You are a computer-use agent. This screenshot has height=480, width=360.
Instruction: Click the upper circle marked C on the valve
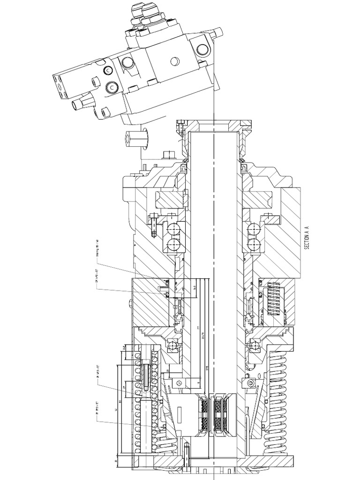click(108, 70)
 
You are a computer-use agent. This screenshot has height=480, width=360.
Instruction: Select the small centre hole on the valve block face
click(174, 61)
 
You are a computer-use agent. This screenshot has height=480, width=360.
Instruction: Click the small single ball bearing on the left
click(173, 345)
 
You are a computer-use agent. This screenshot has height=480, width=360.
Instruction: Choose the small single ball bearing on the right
click(255, 345)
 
